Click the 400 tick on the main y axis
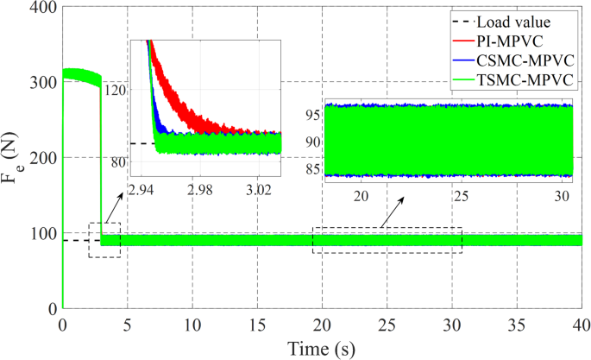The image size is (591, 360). pyautogui.click(x=42, y=9)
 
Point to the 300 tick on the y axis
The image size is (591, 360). pyautogui.click(x=42, y=83)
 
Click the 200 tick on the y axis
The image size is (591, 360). pyautogui.click(x=42, y=158)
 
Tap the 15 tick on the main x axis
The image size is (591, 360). pyautogui.click(x=257, y=326)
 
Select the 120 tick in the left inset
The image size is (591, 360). pyautogui.click(x=114, y=89)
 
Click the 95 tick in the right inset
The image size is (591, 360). pyautogui.click(x=312, y=113)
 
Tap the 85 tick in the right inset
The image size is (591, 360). pyautogui.click(x=312, y=168)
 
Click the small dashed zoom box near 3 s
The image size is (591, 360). pyautogui.click(x=104, y=239)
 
